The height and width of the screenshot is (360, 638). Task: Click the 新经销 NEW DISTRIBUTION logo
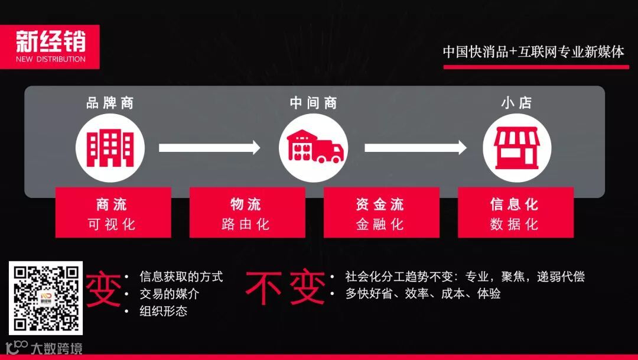point(50,46)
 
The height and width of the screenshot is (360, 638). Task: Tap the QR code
point(46,299)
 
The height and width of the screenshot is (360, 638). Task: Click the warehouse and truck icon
point(314,146)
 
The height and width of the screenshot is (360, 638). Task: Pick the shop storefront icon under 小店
point(517,147)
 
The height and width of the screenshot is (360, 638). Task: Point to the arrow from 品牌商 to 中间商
point(210,147)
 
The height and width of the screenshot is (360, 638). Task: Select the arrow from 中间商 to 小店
point(415,147)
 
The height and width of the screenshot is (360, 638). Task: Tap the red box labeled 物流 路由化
point(247,213)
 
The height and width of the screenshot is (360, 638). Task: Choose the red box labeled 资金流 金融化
point(381,213)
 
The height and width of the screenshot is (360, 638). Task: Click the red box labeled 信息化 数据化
point(515,213)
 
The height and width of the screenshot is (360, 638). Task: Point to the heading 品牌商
point(110,103)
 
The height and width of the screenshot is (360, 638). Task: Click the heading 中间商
point(314,103)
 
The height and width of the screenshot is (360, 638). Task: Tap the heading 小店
point(517,103)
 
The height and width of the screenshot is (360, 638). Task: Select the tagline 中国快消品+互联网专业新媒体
point(533,52)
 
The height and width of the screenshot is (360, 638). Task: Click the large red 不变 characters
point(285,288)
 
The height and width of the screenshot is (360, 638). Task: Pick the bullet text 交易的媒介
point(170,294)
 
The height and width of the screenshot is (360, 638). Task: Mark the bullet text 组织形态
point(164,311)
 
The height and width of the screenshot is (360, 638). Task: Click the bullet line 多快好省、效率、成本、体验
point(423,294)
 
